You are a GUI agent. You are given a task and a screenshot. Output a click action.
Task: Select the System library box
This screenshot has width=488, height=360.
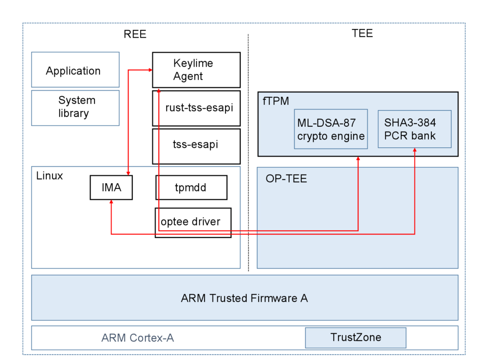75,107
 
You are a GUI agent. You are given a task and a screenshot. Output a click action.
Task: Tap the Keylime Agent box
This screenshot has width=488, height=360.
196,70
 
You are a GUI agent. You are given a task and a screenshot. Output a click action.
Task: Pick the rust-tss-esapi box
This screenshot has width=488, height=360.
196,108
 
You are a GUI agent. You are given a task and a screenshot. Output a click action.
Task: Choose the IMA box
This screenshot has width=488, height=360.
111,187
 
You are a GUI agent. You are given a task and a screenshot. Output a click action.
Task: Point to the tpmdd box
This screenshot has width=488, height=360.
191,187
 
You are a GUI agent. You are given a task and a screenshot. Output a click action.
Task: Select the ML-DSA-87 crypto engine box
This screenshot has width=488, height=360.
331,129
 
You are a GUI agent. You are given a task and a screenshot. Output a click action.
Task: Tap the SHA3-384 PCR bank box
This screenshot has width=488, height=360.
414,129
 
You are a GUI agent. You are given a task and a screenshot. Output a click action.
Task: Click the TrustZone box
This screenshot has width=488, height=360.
356,338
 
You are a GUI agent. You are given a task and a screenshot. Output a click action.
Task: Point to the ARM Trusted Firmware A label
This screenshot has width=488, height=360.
244,298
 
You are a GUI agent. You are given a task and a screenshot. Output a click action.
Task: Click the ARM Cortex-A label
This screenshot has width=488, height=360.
138,338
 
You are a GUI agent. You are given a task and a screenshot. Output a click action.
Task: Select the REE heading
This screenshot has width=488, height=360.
135,34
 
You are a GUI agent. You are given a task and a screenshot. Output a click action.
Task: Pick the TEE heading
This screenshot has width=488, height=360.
362,33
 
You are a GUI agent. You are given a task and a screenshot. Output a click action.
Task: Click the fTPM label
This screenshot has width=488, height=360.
276,101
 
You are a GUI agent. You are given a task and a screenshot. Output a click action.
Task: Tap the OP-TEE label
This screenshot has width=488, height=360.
286,179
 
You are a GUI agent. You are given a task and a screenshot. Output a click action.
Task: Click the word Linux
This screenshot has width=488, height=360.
50,176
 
